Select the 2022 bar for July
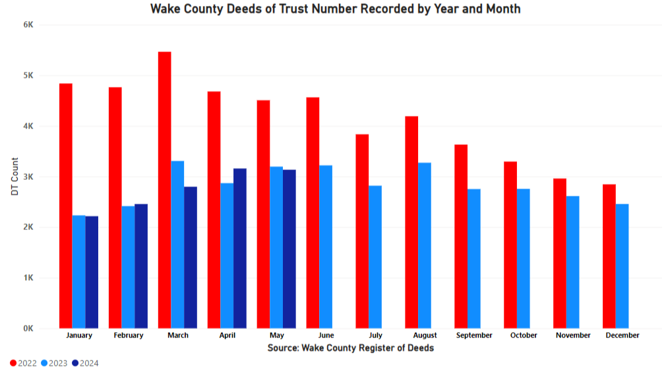(x=362, y=231)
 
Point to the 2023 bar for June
(x=326, y=246)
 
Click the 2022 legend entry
(x=24, y=363)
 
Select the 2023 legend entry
(x=54, y=363)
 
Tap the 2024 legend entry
(x=85, y=363)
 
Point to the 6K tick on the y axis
(x=28, y=25)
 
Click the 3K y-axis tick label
(x=28, y=177)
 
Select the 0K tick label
(x=28, y=328)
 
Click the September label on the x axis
(x=473, y=335)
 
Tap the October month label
(x=523, y=335)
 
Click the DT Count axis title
(x=15, y=177)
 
